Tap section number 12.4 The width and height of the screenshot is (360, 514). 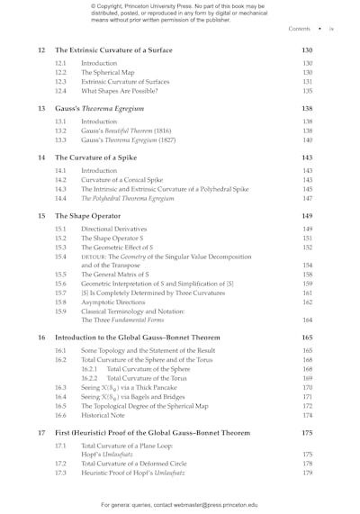60,91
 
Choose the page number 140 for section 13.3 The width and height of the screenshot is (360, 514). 307,140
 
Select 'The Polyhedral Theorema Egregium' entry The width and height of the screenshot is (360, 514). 128,198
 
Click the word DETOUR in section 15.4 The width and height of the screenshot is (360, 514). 96,257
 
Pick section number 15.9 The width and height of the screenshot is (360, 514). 60,311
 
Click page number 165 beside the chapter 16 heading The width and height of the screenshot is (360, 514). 307,338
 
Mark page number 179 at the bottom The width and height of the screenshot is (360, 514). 307,473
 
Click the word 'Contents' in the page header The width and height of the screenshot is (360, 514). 299,29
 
